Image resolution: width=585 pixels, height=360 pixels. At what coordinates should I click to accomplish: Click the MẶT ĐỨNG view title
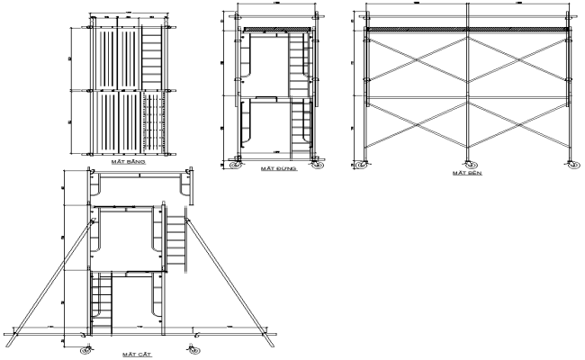(x=275, y=168)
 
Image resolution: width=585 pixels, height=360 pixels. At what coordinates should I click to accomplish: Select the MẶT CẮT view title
(x=138, y=355)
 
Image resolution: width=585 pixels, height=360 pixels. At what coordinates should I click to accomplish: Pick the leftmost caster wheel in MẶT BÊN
(x=364, y=165)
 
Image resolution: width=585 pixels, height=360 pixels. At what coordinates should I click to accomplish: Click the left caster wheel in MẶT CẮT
(x=85, y=347)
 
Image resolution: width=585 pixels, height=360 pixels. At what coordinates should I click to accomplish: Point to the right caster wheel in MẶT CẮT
(x=191, y=347)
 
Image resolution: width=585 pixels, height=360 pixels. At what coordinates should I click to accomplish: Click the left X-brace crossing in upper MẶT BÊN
(x=417, y=63)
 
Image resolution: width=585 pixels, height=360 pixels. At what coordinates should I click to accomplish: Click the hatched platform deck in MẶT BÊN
(x=467, y=30)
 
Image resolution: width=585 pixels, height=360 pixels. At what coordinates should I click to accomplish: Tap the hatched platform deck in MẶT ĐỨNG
(x=275, y=30)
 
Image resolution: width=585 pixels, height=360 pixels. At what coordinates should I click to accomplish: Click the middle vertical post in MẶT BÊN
(x=467, y=90)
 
